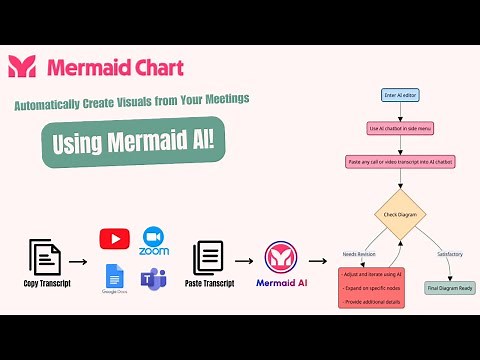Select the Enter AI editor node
coord(400,95)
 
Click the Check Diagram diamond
coord(400,214)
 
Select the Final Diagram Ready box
coord(450,288)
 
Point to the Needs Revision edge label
coord(359,254)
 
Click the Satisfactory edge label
coord(450,254)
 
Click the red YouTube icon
coord(114,239)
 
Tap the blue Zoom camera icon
coord(154,236)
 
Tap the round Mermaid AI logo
coord(281,258)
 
